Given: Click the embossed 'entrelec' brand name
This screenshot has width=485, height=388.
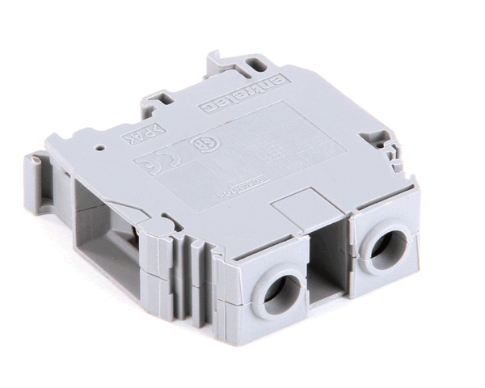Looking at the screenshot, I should [242, 92].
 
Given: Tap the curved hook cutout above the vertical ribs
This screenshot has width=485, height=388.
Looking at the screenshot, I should [169, 222].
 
